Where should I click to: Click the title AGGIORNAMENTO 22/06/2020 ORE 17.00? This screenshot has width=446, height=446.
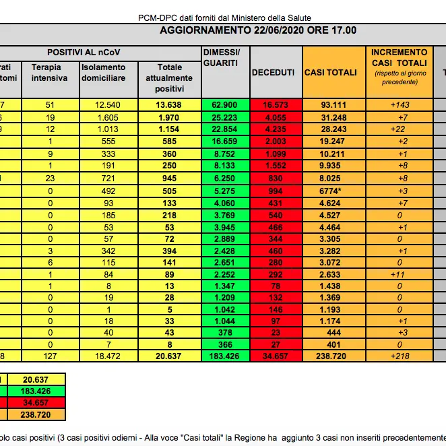258,30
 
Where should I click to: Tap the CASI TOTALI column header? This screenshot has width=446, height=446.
331,72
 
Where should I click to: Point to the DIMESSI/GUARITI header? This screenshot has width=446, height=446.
220,57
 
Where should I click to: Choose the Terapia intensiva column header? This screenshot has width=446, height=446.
49,72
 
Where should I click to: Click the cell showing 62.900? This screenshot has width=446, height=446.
225,104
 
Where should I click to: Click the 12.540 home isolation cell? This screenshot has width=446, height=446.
108,104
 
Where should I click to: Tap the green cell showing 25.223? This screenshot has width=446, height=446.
225,117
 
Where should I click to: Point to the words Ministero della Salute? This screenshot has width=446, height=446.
290,17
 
